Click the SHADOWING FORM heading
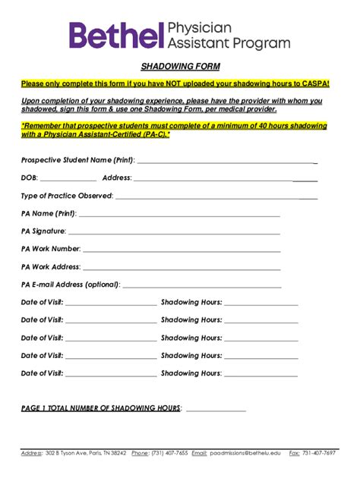tap(179, 67)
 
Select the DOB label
tap(29, 178)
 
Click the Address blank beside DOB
tap(213, 180)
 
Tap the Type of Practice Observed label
tap(67, 197)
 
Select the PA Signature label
tap(43, 231)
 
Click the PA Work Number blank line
tap(182, 250)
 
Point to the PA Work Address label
tap(51, 267)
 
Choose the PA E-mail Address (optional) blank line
tap(201, 287)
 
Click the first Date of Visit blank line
tap(111, 304)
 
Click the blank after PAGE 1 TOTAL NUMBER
tap(216, 410)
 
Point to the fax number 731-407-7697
tap(318, 453)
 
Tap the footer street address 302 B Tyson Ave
tap(68, 453)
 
